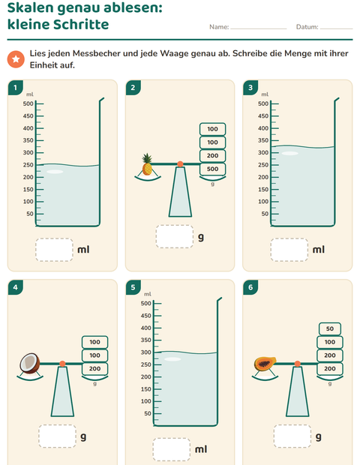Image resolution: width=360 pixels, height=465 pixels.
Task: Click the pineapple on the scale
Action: coord(147,164)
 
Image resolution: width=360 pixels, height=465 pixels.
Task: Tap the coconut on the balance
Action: coord(30,363)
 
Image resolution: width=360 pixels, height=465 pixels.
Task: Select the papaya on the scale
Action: coord(265,364)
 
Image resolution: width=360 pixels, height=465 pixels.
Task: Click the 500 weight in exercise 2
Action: coord(212,169)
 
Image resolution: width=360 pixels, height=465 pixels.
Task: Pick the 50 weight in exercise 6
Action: coord(330,328)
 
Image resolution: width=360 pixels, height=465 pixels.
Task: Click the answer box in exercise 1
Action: coord(54,250)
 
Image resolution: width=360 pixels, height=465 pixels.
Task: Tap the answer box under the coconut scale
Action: coord(57,436)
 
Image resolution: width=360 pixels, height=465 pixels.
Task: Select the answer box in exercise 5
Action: coord(172,449)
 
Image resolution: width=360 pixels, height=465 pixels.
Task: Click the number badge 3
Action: coord(250,88)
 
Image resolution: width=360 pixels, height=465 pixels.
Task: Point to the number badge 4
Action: coord(16,287)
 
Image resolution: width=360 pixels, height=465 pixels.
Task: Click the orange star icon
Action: coord(16,59)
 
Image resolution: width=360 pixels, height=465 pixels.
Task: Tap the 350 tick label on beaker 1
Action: coord(28,140)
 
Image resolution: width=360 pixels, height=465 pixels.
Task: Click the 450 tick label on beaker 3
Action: coord(263,116)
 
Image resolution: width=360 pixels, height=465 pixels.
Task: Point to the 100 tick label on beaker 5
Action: coord(146,401)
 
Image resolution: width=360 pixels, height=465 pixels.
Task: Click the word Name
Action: coord(219,27)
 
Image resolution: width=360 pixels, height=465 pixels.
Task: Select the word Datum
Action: coord(307,27)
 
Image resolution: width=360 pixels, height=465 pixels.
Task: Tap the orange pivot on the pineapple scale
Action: coord(180,164)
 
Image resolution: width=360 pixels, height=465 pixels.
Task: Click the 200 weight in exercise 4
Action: coord(95,368)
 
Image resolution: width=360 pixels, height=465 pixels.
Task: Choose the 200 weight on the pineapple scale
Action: coord(212,156)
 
